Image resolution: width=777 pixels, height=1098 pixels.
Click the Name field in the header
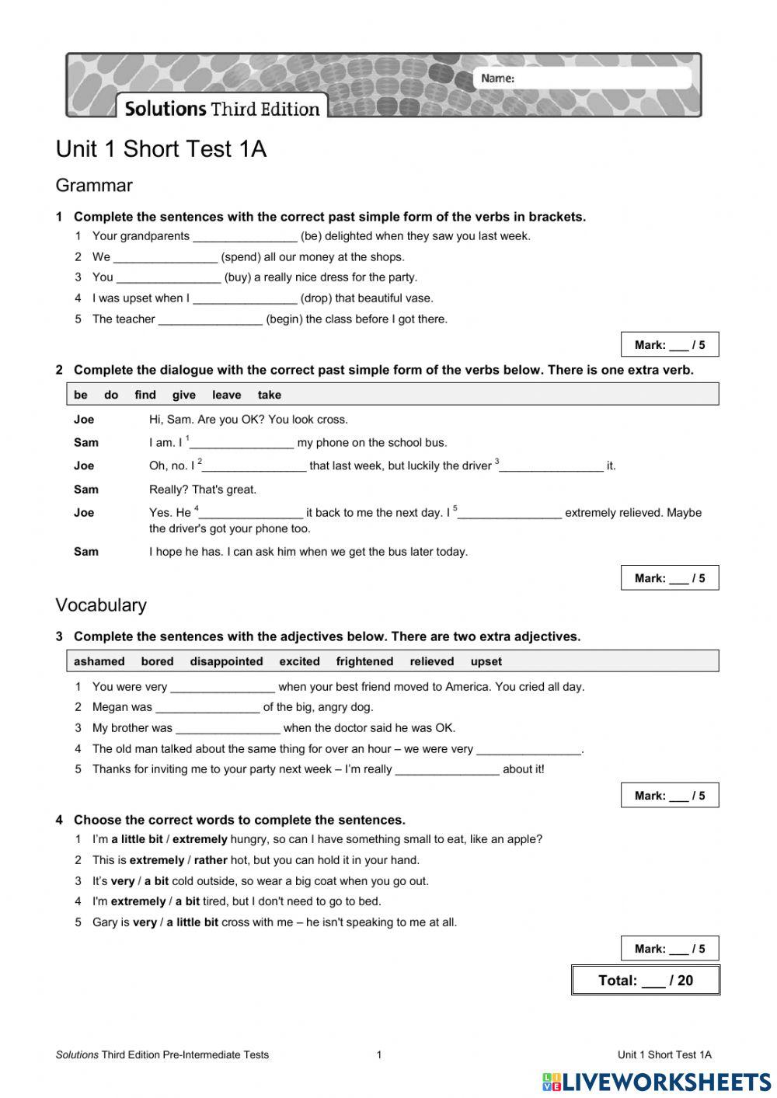[583, 78]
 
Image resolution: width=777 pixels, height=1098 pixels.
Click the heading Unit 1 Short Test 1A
[161, 149]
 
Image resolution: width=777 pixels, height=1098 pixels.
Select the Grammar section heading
[94, 186]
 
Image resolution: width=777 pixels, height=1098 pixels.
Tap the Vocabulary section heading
[101, 605]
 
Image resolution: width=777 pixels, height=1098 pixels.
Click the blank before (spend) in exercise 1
[166, 257]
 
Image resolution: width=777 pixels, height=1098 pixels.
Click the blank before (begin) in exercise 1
[210, 319]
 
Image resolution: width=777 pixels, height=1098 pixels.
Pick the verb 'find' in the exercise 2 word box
[145, 395]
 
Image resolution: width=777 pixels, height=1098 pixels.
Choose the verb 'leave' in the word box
[226, 395]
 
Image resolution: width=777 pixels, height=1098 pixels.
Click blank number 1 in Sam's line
[242, 443]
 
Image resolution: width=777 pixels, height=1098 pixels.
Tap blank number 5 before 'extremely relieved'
[510, 513]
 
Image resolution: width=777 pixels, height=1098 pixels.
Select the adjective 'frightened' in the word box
[364, 661]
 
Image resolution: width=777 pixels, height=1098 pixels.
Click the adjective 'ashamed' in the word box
[99, 661]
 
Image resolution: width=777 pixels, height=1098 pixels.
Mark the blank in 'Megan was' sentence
[207, 707]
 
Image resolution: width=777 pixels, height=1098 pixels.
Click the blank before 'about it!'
[447, 769]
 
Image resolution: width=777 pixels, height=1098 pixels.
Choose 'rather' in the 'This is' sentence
[211, 860]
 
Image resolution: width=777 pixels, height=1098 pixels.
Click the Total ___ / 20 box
[646, 980]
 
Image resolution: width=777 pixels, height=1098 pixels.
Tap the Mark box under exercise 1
[670, 345]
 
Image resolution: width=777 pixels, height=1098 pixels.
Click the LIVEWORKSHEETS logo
[657, 1082]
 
